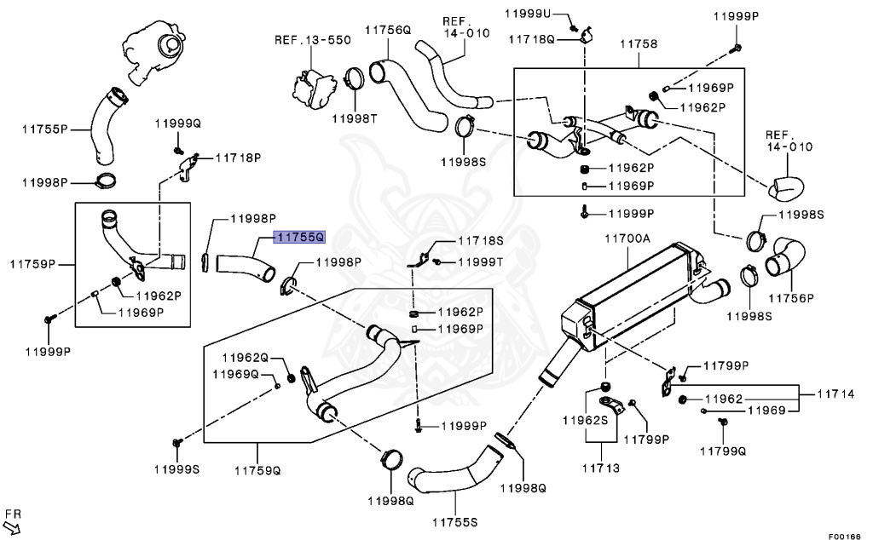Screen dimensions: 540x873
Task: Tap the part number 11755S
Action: (x=454, y=520)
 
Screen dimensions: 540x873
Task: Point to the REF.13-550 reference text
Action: (x=312, y=40)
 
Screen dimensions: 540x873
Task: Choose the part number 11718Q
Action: (x=531, y=39)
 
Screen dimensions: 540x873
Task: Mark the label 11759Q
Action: (x=258, y=469)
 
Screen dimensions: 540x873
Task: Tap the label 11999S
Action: (x=176, y=469)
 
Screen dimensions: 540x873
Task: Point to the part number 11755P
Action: (x=44, y=129)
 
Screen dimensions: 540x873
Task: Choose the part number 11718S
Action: (x=481, y=241)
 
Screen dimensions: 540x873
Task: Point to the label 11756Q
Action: (x=389, y=30)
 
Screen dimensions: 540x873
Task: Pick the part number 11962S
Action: (x=584, y=421)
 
